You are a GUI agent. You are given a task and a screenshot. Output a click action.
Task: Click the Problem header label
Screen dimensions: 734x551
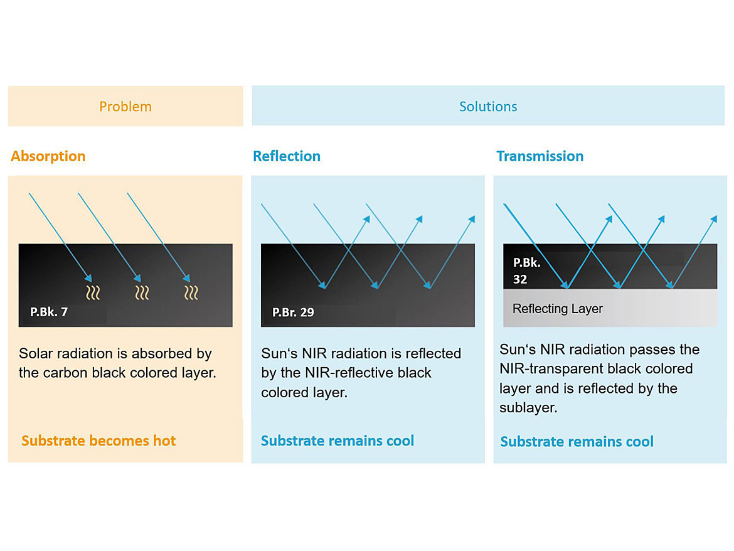[x=125, y=107]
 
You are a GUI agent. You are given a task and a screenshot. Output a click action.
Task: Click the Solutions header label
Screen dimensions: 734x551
[x=488, y=107]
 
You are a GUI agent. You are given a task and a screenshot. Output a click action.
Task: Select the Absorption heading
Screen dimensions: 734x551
[x=48, y=156]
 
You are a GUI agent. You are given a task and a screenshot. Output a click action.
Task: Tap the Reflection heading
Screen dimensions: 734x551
[x=287, y=156]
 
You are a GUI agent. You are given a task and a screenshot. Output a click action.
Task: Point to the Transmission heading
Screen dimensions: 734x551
[x=540, y=156]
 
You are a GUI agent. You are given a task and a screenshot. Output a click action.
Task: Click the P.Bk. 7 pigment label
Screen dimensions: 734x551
[x=49, y=312]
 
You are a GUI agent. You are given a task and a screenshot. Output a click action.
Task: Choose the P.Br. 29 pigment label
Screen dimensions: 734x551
[x=293, y=313]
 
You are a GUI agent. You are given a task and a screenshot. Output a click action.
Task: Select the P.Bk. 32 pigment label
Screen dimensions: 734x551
[x=526, y=270]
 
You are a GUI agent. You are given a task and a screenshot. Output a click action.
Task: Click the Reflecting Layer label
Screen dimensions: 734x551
[x=558, y=309]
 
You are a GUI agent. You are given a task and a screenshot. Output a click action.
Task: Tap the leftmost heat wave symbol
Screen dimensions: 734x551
[x=93, y=292]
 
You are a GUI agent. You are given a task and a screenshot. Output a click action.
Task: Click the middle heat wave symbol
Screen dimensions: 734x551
[x=142, y=292]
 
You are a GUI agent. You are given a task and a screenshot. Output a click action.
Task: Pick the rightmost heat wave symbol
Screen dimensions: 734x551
[x=191, y=292]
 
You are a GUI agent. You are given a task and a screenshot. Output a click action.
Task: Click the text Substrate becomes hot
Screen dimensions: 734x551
[x=98, y=441]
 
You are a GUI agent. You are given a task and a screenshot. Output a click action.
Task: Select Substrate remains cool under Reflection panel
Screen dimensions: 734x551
[x=338, y=441]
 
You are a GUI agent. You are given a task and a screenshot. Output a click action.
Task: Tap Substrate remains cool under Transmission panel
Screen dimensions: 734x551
[x=577, y=441]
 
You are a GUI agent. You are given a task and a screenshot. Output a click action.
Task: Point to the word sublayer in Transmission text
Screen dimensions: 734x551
[x=528, y=407]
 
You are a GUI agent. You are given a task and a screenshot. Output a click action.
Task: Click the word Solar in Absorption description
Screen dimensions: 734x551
[x=34, y=353]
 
